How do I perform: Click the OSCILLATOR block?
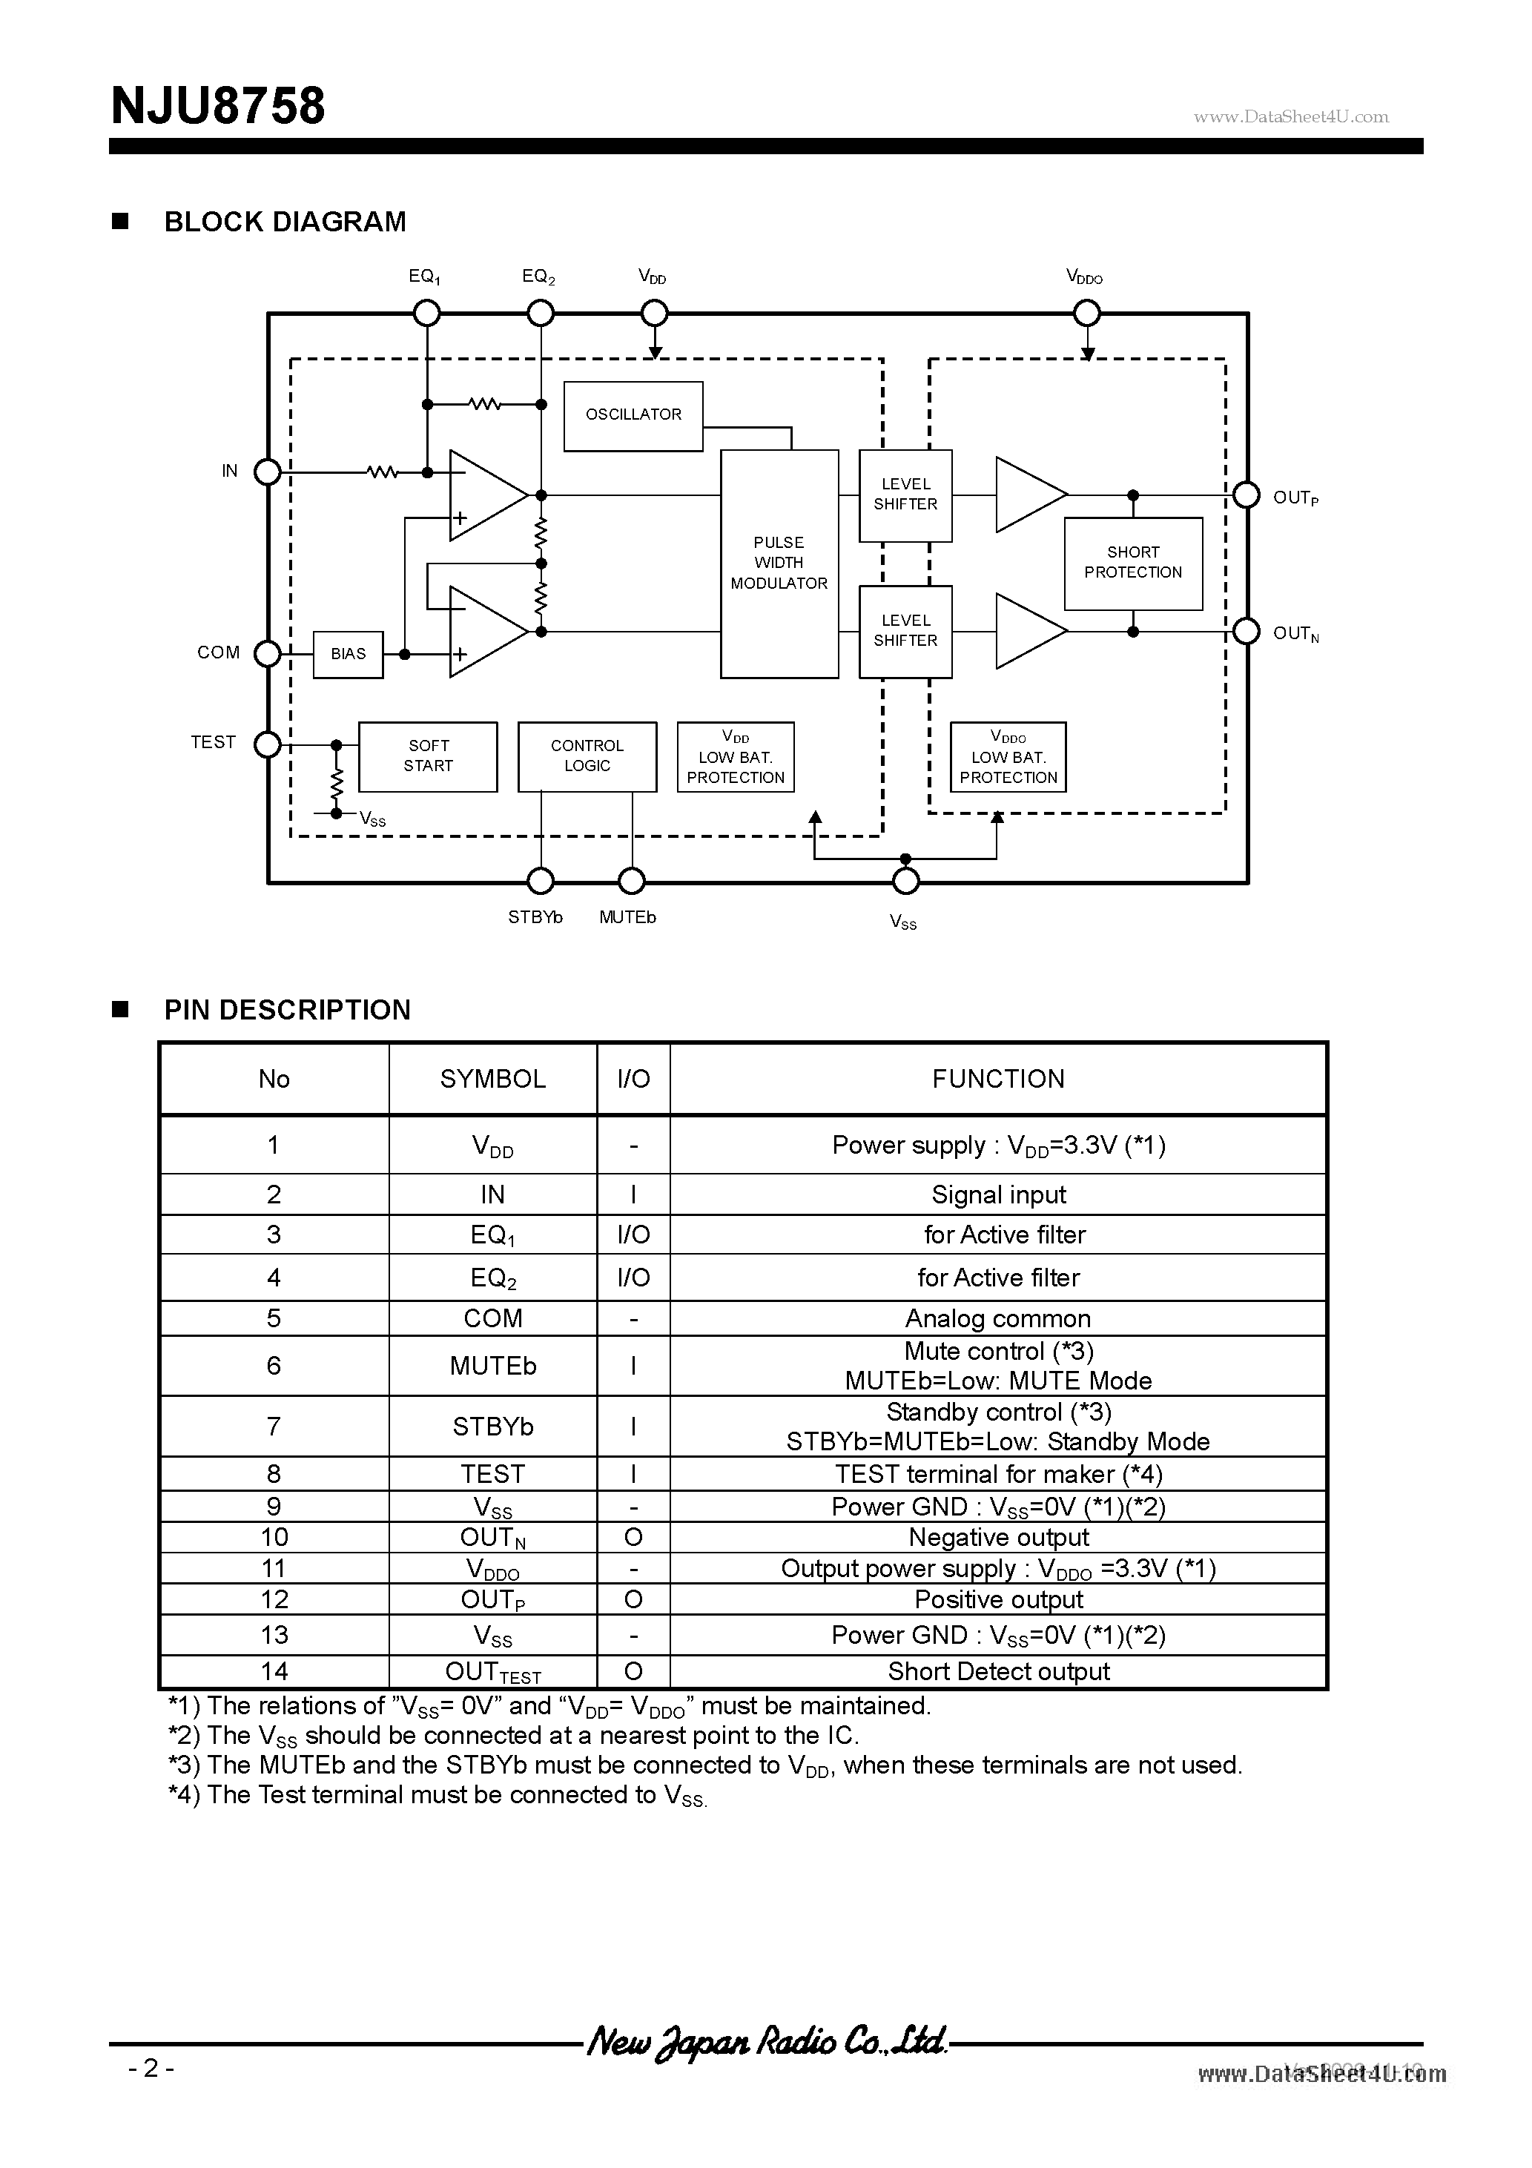coord(633,415)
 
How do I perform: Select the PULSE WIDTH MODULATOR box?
coord(779,564)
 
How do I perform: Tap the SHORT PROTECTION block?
coord(1132,563)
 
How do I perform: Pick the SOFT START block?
coord(428,756)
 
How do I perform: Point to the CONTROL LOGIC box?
coord(587,756)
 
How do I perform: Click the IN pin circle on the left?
coord(268,471)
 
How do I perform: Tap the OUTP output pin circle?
coord(1247,495)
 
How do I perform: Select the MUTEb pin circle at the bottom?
coord(631,881)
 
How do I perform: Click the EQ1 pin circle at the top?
coord(427,313)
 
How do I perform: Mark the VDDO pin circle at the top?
coord(1087,313)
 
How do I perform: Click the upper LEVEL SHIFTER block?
coord(905,495)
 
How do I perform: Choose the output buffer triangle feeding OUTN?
coord(1028,631)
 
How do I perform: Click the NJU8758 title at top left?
coord(218,106)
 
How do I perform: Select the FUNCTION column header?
coord(998,1080)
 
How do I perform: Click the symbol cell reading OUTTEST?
coord(492,1672)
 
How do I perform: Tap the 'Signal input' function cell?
coord(998,1194)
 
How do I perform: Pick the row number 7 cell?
coord(274,1426)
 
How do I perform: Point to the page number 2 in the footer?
coord(151,2068)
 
